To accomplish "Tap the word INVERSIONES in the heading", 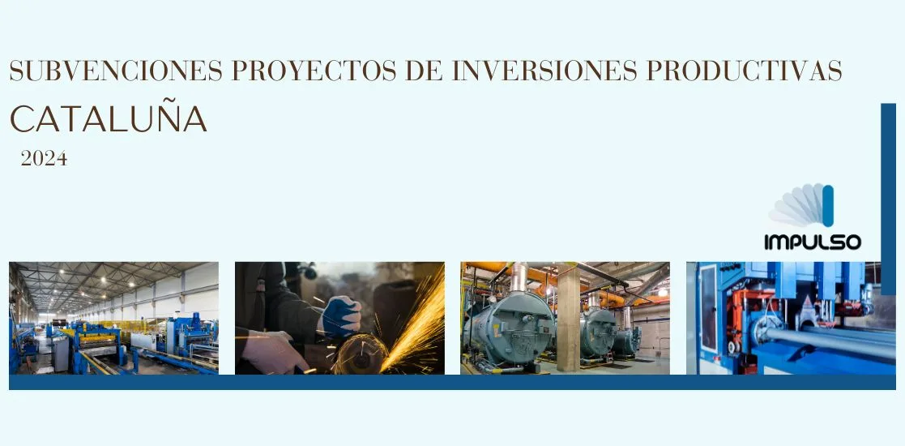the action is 544,71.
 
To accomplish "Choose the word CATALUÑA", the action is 108,118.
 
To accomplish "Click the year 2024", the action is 44,158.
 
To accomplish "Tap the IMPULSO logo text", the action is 813,242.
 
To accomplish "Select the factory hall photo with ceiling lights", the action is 113,319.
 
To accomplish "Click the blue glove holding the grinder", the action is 342,316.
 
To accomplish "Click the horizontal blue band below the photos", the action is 452,382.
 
